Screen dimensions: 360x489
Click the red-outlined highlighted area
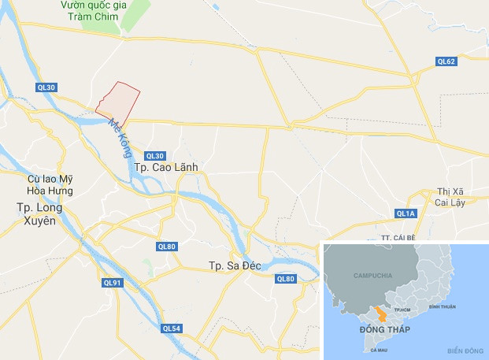[120, 100]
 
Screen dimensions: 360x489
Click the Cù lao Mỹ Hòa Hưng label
[50, 185]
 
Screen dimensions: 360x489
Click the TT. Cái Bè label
[396, 236]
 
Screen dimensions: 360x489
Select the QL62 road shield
[447, 61]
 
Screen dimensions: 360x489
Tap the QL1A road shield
[406, 213]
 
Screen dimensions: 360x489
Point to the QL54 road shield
[171, 328]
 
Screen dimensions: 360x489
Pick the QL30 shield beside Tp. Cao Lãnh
[155, 155]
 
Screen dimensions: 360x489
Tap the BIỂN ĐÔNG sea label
[462, 350]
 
